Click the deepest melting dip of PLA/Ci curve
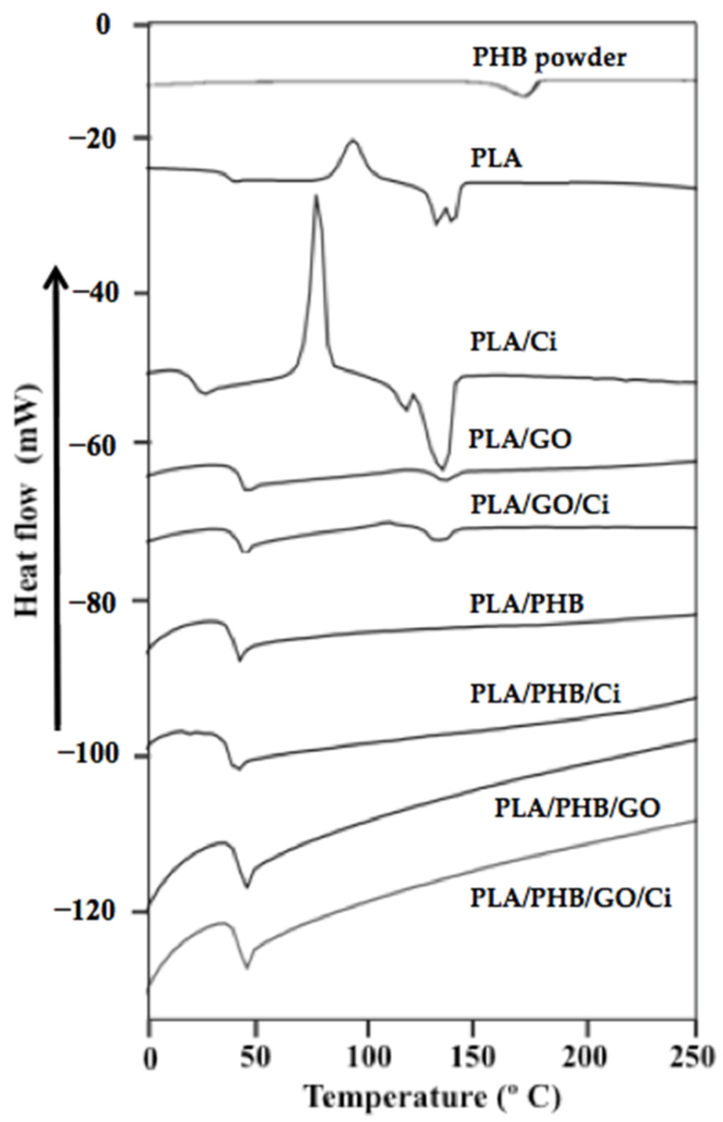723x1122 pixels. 442,468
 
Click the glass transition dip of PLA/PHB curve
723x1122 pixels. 240,660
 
